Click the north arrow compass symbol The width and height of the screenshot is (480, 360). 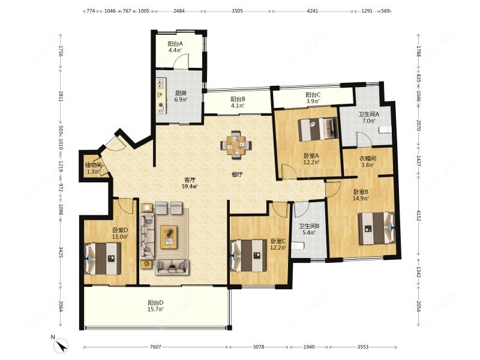(61, 346)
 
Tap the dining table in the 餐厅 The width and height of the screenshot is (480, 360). (236, 145)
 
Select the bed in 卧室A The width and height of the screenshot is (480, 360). (318, 129)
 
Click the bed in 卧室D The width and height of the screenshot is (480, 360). (103, 259)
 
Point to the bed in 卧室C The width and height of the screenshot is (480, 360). (248, 256)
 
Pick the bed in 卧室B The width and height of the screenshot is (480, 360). (377, 229)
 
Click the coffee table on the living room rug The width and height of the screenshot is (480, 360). (169, 237)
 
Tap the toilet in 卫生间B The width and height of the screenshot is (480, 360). (298, 245)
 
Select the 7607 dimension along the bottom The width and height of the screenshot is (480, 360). (155, 347)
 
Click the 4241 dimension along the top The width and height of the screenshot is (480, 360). (312, 11)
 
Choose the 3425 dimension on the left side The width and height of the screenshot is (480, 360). (61, 251)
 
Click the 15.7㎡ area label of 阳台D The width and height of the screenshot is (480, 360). (155, 310)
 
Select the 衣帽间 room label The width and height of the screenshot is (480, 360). (367, 158)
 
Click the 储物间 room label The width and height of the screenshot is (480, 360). (93, 166)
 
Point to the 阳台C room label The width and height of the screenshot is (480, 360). (313, 95)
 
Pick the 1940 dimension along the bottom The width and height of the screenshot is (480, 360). (309, 347)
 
